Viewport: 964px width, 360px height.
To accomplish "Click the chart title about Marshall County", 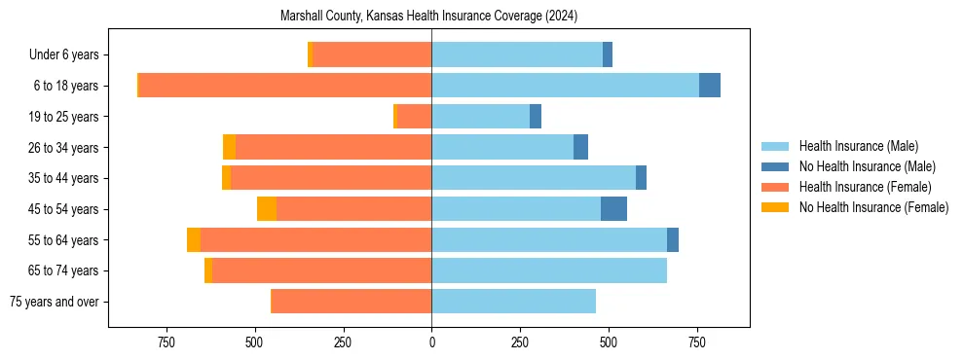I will point(428,16).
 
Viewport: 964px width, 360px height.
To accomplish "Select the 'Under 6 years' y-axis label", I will point(69,55).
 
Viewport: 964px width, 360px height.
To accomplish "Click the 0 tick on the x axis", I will point(431,342).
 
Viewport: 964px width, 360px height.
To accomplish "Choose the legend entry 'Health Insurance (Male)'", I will point(858,146).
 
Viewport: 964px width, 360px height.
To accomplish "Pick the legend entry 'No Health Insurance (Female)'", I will point(873,207).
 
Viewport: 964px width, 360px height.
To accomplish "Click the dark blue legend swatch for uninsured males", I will point(776,166).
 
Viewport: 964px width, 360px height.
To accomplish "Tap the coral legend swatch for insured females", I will point(776,187).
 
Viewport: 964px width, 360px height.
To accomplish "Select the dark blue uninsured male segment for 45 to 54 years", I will point(613,209).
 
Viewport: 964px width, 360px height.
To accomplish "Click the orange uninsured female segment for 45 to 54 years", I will point(267,209).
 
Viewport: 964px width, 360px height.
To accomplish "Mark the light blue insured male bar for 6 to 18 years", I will point(565,86).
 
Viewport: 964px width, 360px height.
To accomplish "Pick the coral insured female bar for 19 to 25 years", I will point(415,117).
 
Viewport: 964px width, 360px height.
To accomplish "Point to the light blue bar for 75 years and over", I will point(513,302).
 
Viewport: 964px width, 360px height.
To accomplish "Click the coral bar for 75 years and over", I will point(351,302).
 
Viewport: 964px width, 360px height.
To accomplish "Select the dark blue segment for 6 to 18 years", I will point(710,86).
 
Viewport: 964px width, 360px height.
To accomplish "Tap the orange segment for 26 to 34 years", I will point(229,148).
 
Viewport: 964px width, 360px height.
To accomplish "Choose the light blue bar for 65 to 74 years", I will point(549,270).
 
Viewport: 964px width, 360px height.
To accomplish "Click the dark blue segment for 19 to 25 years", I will point(536,117).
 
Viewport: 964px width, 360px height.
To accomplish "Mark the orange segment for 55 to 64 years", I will point(194,240).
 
